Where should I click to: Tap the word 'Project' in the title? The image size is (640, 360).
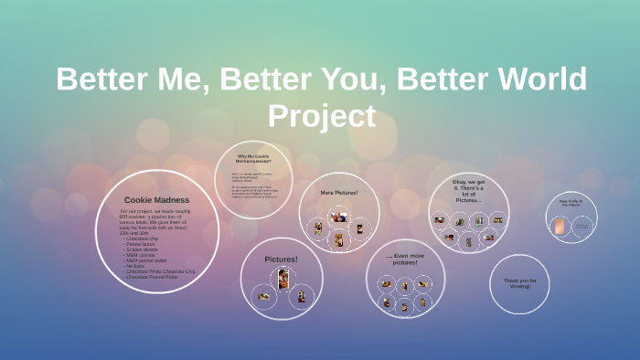click(x=321, y=116)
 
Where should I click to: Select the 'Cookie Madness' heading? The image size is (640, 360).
click(x=156, y=199)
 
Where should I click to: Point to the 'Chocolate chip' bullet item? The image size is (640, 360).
click(x=142, y=238)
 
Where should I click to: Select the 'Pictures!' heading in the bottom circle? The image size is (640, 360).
click(x=281, y=259)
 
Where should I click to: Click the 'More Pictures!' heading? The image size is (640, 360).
click(x=339, y=193)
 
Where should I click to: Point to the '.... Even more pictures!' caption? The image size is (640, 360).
click(x=404, y=259)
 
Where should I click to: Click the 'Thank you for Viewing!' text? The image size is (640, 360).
click(x=519, y=283)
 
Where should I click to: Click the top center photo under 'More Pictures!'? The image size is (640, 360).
click(x=339, y=217)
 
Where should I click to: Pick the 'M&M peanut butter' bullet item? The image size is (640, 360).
click(x=146, y=259)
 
